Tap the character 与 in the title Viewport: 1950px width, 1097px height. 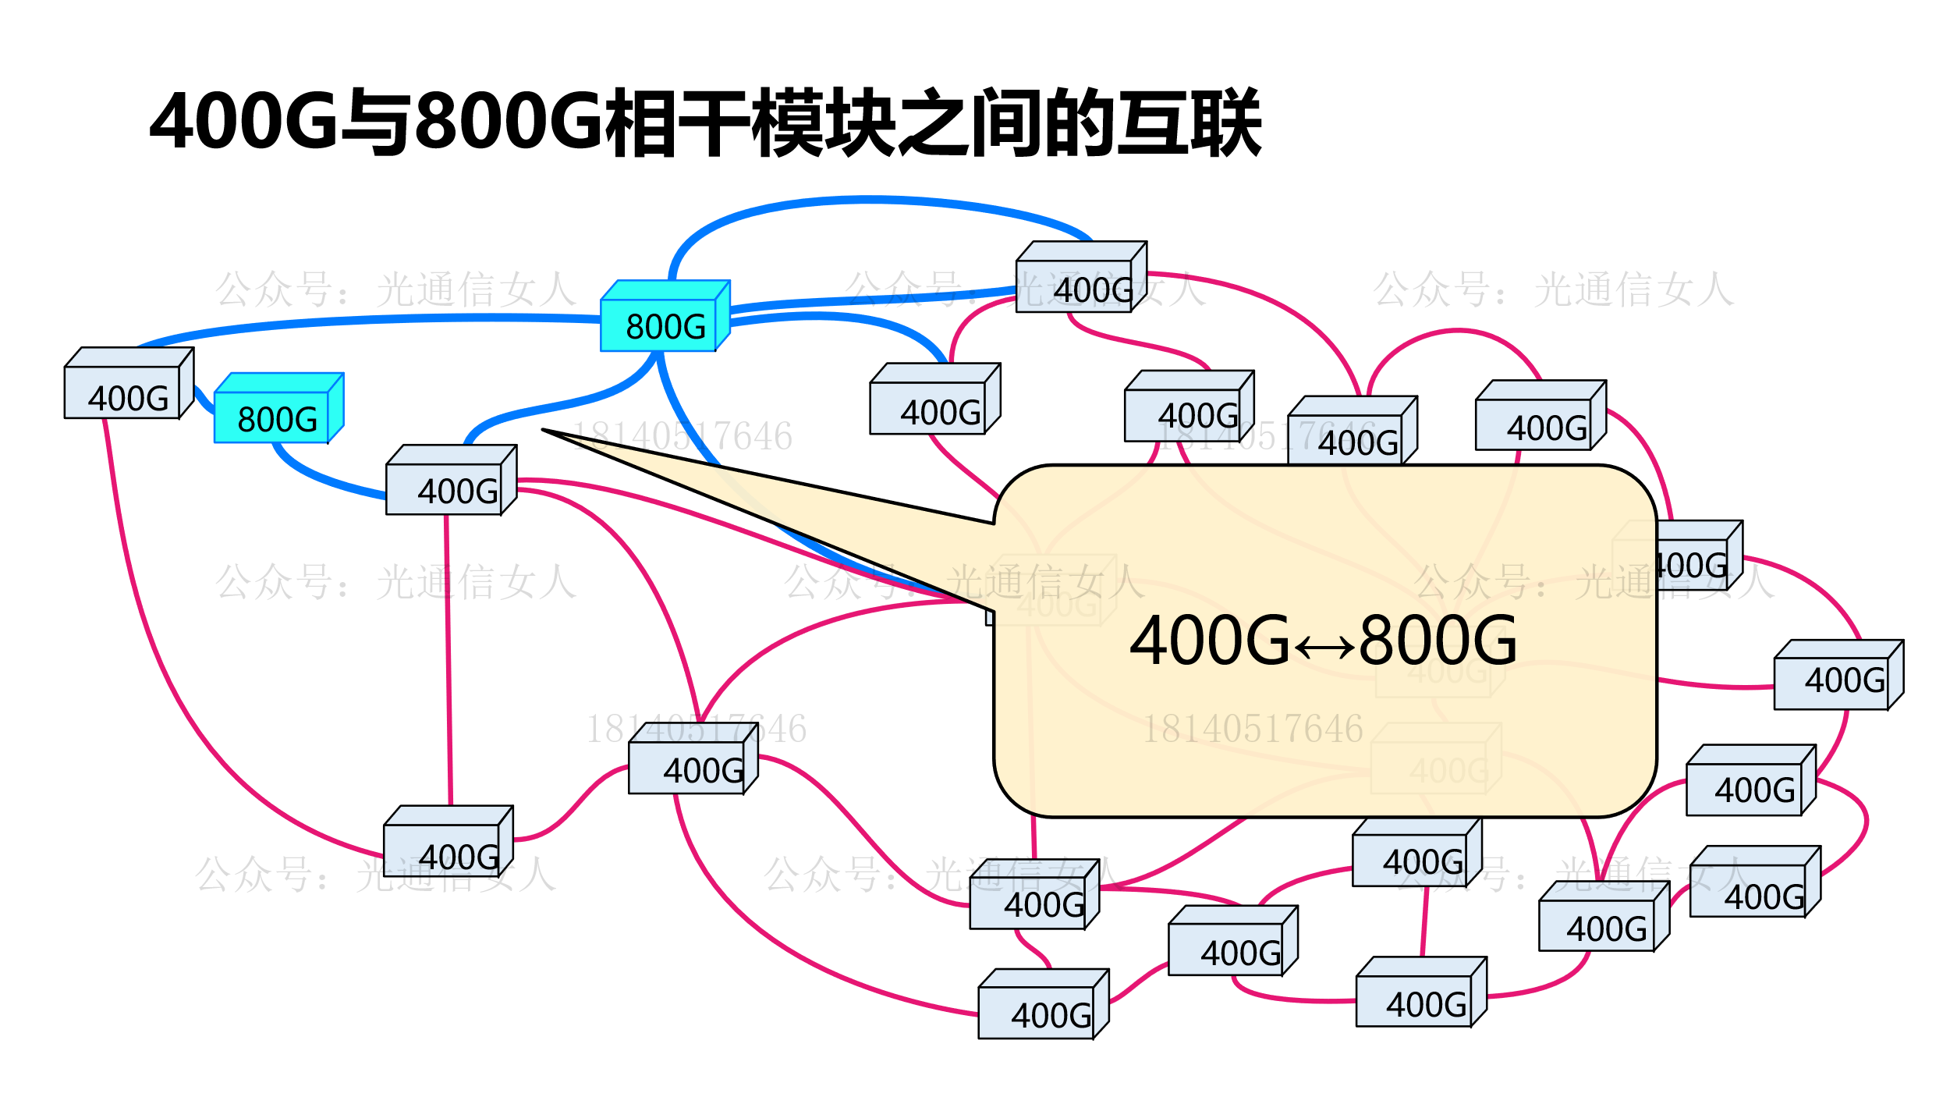[376, 121]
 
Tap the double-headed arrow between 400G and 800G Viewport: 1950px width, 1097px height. [1324, 647]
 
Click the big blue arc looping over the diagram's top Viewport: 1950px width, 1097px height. [866, 201]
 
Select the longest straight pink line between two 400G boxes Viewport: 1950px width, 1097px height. [448, 663]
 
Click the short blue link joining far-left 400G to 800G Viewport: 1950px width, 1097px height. [204, 400]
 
